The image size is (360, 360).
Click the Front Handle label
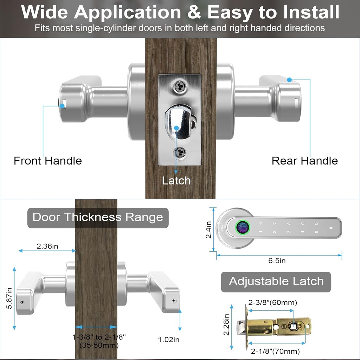[x=47, y=161]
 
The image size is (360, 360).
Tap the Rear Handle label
[x=304, y=161]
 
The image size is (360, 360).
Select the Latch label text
[x=176, y=181]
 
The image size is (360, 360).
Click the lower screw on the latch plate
[x=180, y=152]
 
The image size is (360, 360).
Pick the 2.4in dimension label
[x=208, y=229]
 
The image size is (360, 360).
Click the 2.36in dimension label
[x=47, y=246]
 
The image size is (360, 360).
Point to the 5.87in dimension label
[x=9, y=298]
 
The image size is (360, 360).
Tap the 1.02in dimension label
[x=169, y=340]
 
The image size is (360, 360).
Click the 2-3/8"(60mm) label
[x=273, y=303]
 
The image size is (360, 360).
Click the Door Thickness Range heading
[x=98, y=217]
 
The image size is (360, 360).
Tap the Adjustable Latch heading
[x=276, y=281]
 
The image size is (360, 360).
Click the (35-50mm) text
[x=99, y=345]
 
